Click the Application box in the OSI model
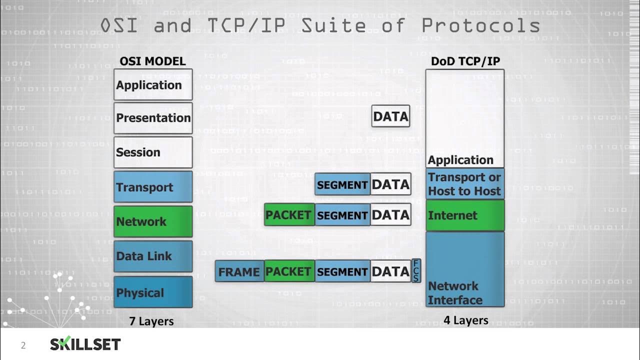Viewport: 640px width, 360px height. [153, 84]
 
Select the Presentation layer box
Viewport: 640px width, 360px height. [153, 118]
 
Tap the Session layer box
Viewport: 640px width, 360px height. [153, 152]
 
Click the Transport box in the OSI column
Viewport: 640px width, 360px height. [153, 187]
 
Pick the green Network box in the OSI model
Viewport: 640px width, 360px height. [153, 221]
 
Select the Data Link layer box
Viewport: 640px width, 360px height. [153, 256]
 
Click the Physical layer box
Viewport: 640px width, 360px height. [153, 292]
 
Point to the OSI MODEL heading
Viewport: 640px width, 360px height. [152, 61]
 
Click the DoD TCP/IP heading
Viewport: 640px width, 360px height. [465, 61]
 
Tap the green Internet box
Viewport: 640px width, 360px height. [465, 215]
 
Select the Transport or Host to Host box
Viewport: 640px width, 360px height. [465, 184]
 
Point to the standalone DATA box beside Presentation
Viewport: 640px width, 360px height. [391, 116]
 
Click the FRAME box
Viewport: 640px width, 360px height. [239, 271]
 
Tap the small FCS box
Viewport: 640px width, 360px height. [416, 270]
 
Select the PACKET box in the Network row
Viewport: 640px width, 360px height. [289, 215]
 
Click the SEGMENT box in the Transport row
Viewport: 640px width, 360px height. [342, 184]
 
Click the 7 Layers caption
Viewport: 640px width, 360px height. [151, 321]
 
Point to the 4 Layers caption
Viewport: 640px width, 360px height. [465, 320]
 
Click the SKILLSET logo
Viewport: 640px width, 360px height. [85, 344]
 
